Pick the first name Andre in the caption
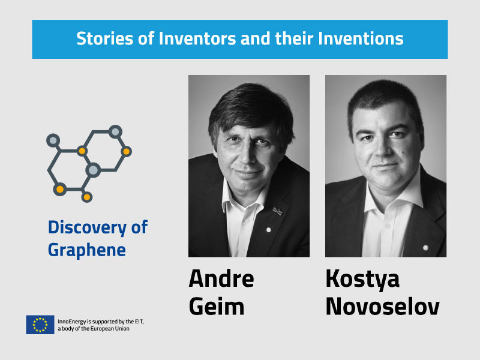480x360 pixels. (221, 278)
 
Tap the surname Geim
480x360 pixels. (217, 306)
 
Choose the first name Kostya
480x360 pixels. (362, 278)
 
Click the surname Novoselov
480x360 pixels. (382, 306)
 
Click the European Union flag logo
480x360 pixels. (40, 325)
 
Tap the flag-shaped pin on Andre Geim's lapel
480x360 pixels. (277, 211)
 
